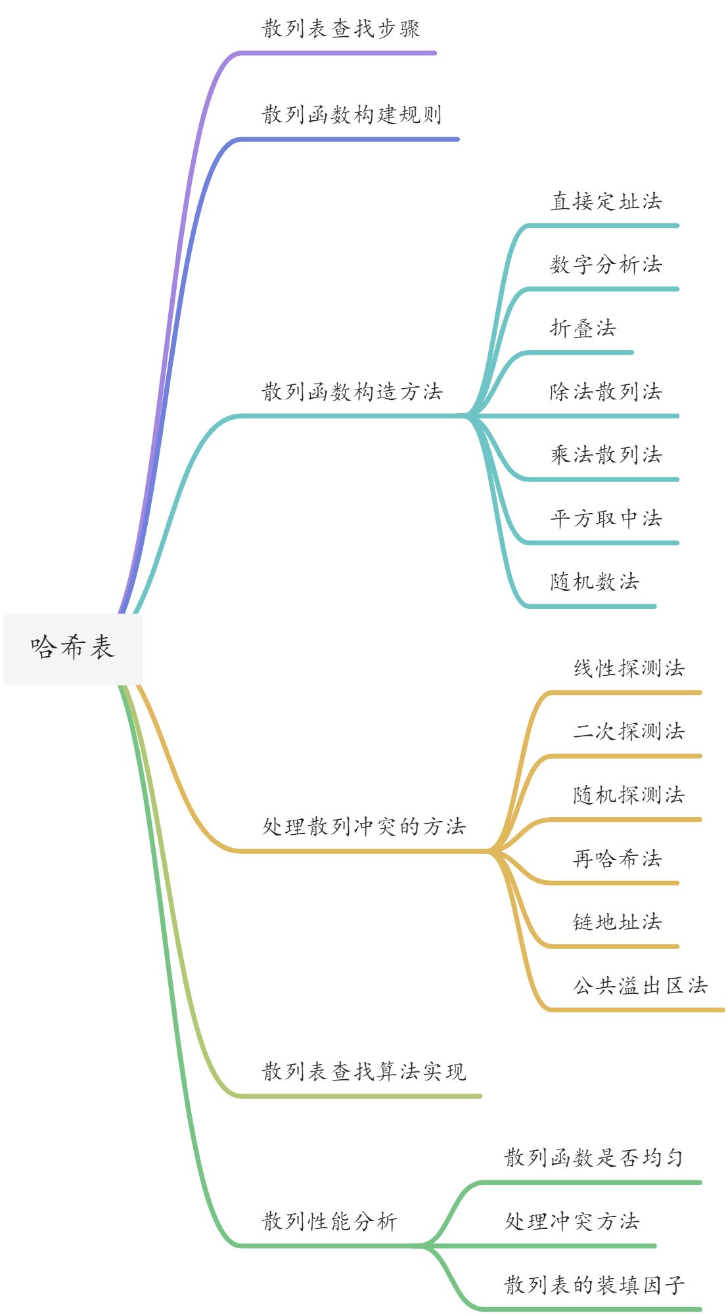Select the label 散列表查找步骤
(x=341, y=29)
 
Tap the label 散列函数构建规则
(x=352, y=115)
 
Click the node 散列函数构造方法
(x=352, y=392)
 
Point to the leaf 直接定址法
(x=606, y=202)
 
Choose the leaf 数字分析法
(x=606, y=265)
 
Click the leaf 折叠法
(x=583, y=328)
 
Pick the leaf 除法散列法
(x=606, y=392)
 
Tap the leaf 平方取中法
(x=606, y=519)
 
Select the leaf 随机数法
(x=595, y=582)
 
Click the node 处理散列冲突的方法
(x=364, y=827)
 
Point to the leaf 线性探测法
(x=629, y=669)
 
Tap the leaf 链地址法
(x=618, y=922)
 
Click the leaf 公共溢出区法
(x=640, y=986)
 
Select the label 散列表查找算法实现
(x=364, y=1072)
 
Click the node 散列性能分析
(x=330, y=1222)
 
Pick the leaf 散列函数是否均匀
(x=594, y=1158)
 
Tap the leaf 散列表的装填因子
(x=594, y=1285)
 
